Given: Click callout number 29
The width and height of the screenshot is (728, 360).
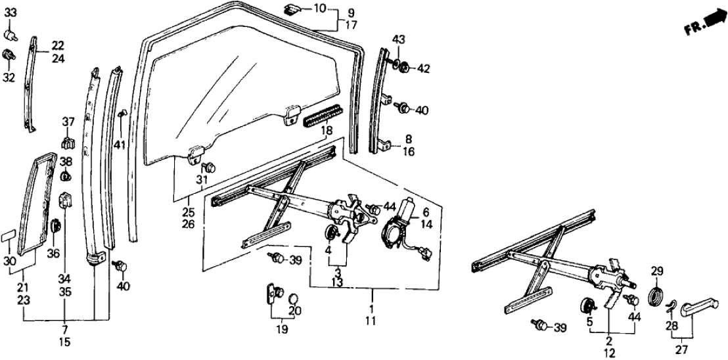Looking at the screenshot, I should coord(658,270).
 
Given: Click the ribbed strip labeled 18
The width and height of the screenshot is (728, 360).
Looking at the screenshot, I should coord(329,119).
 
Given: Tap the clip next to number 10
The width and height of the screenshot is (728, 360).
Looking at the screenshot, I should coord(294,9).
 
